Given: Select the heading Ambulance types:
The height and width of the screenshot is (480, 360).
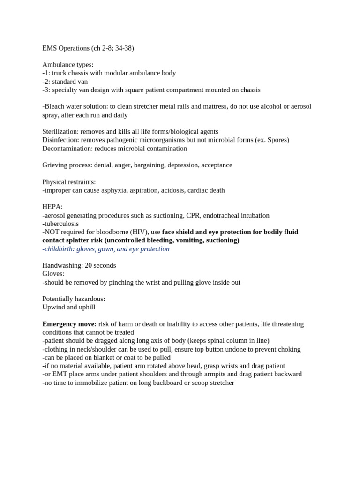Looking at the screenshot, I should coord(68,65).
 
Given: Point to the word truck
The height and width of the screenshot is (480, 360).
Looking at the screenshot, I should coord(60,73).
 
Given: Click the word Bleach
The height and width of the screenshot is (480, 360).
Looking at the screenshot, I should coord(55,106).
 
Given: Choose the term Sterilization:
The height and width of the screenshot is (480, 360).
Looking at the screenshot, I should coord(60,132).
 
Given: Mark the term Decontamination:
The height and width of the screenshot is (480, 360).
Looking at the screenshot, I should coord(67,149).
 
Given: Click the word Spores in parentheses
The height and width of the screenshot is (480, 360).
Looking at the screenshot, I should coord(277,140).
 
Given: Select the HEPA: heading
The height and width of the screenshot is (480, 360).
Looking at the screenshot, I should coord(52,207).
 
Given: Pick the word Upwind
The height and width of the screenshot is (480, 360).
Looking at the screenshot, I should coord(53,307).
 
